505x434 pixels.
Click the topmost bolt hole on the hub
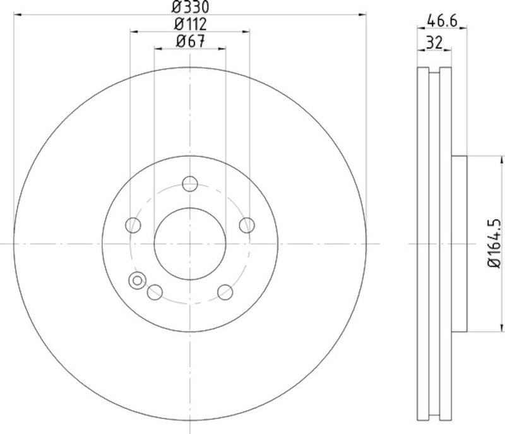tap(190, 184)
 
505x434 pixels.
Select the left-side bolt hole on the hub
tap(133, 225)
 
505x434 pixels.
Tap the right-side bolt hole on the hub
tap(247, 225)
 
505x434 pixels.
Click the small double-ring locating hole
tap(136, 280)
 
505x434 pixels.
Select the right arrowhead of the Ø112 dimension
tap(246, 31)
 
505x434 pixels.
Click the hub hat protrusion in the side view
tap(459, 243)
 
